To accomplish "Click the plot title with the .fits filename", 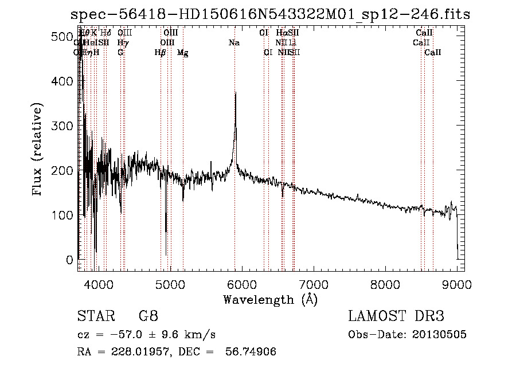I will [x=270, y=14].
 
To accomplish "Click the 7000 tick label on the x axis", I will [x=313, y=284].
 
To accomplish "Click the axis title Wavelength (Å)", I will [x=270, y=299].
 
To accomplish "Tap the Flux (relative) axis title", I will [x=38, y=150].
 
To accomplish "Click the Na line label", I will [x=234, y=43].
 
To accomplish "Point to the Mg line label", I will [x=182, y=53].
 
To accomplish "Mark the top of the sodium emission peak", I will [x=235, y=93].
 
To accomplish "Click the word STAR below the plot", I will [x=96, y=316].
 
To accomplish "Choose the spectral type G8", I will [x=148, y=316].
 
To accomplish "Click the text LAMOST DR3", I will [x=396, y=316].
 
